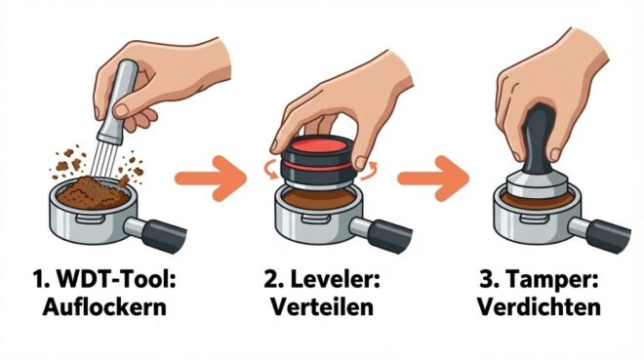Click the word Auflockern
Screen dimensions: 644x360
tap(104, 307)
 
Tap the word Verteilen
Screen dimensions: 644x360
tap(322, 307)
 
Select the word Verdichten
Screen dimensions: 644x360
tap(540, 307)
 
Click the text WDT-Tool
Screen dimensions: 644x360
tap(116, 280)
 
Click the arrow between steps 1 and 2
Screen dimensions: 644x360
tap(211, 179)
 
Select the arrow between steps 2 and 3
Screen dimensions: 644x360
tap(433, 179)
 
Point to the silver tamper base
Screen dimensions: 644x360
tap(537, 184)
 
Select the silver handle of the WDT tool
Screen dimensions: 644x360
tap(117, 100)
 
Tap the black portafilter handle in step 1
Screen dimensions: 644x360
tap(164, 236)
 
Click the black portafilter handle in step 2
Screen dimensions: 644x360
tap(389, 236)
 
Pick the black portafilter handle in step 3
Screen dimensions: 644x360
tap(608, 236)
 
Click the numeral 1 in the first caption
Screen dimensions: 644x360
tap(39, 280)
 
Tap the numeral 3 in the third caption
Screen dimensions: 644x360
tap(488, 280)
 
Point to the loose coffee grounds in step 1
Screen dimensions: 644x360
tap(94, 192)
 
